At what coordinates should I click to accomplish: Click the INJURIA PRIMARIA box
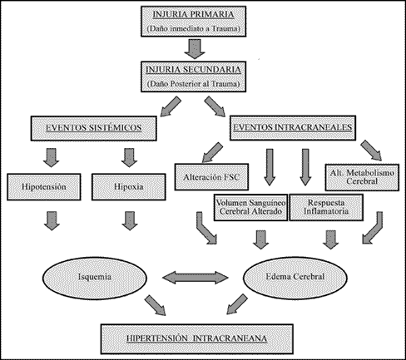(194, 22)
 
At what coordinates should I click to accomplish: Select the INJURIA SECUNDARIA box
(194, 76)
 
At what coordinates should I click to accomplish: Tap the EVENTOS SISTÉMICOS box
(94, 128)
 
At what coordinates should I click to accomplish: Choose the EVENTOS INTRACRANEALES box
(293, 128)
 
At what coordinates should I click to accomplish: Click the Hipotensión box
(44, 187)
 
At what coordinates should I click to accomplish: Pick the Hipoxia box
(129, 187)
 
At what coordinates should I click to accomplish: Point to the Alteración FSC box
(211, 177)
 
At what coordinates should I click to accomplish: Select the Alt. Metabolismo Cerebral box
(362, 177)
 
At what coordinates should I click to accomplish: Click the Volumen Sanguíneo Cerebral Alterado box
(250, 207)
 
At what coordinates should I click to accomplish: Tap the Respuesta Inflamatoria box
(326, 207)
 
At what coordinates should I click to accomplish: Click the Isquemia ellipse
(95, 278)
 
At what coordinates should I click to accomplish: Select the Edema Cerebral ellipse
(295, 277)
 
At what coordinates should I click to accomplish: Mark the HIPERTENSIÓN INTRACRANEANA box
(197, 338)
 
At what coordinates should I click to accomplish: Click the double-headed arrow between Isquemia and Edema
(196, 278)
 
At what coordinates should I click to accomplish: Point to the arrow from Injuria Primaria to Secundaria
(195, 49)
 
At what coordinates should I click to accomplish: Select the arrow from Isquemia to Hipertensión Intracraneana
(156, 305)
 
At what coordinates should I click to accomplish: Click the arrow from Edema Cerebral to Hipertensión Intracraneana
(237, 304)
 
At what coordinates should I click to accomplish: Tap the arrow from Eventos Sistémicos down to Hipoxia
(129, 158)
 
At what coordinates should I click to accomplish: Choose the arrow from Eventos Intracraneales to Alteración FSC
(212, 152)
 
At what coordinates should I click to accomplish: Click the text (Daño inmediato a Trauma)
(194, 28)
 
